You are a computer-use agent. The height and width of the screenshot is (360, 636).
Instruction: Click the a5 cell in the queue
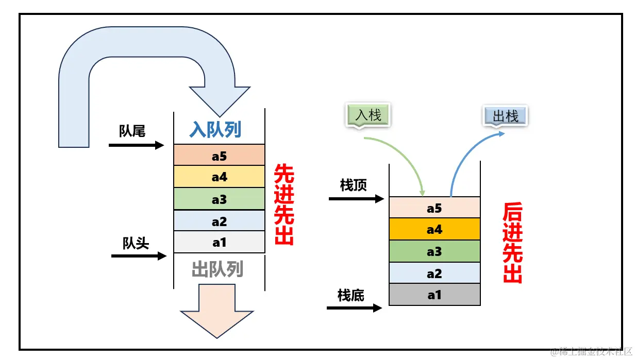[x=219, y=155]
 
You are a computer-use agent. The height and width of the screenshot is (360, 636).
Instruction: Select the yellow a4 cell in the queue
[x=219, y=177]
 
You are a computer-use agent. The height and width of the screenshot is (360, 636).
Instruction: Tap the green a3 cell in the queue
[x=219, y=199]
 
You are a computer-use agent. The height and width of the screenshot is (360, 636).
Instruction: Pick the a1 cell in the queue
[x=219, y=242]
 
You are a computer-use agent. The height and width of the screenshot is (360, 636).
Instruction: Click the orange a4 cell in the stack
[x=434, y=229]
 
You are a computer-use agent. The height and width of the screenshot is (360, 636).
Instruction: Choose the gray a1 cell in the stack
[x=434, y=295]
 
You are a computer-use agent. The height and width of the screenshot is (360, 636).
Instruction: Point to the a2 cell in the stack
[x=434, y=273]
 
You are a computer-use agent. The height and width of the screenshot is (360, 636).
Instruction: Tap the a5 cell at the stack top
[x=434, y=208]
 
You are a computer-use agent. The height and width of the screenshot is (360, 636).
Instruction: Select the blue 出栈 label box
[x=505, y=116]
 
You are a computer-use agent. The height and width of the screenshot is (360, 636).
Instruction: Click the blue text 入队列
[x=215, y=129]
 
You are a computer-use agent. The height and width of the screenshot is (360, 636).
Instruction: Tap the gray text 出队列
[x=217, y=269]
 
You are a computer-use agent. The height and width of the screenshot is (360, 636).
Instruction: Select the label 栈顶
[x=353, y=185]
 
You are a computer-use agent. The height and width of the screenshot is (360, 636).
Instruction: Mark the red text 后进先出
[x=512, y=243]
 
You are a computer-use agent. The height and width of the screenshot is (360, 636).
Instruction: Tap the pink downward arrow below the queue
[x=217, y=312]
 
